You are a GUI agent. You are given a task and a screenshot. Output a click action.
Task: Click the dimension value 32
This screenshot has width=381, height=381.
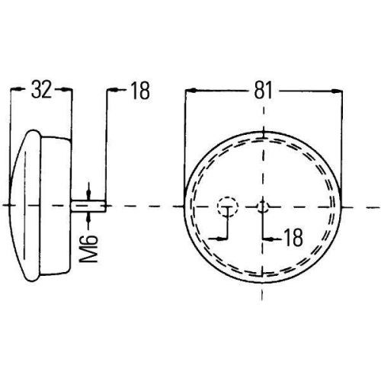point(42,91)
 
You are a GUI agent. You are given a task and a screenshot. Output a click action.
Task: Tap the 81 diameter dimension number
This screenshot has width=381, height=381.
point(263,91)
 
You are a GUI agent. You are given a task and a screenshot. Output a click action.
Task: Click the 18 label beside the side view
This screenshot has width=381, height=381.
point(140,91)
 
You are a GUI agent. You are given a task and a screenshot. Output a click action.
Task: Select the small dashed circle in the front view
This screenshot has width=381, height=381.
point(227,206)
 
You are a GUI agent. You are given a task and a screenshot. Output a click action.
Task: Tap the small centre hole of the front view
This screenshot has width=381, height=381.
point(262,206)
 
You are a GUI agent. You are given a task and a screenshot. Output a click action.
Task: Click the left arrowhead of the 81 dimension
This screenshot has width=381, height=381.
point(190,91)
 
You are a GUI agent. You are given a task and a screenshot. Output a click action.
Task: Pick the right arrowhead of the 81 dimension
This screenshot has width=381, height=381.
point(336,91)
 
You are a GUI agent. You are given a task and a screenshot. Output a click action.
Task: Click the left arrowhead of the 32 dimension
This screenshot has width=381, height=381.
point(15,91)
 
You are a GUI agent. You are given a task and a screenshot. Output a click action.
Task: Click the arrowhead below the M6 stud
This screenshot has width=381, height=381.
point(90,217)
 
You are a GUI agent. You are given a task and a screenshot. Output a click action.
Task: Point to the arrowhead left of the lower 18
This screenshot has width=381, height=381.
point(267,238)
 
